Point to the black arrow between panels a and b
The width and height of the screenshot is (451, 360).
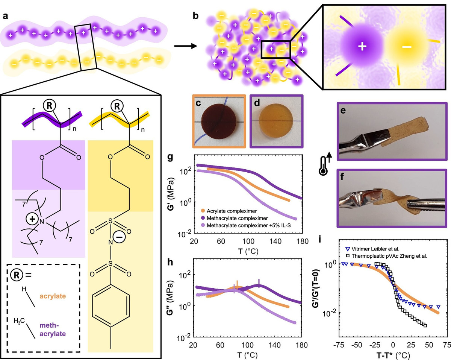186,46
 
